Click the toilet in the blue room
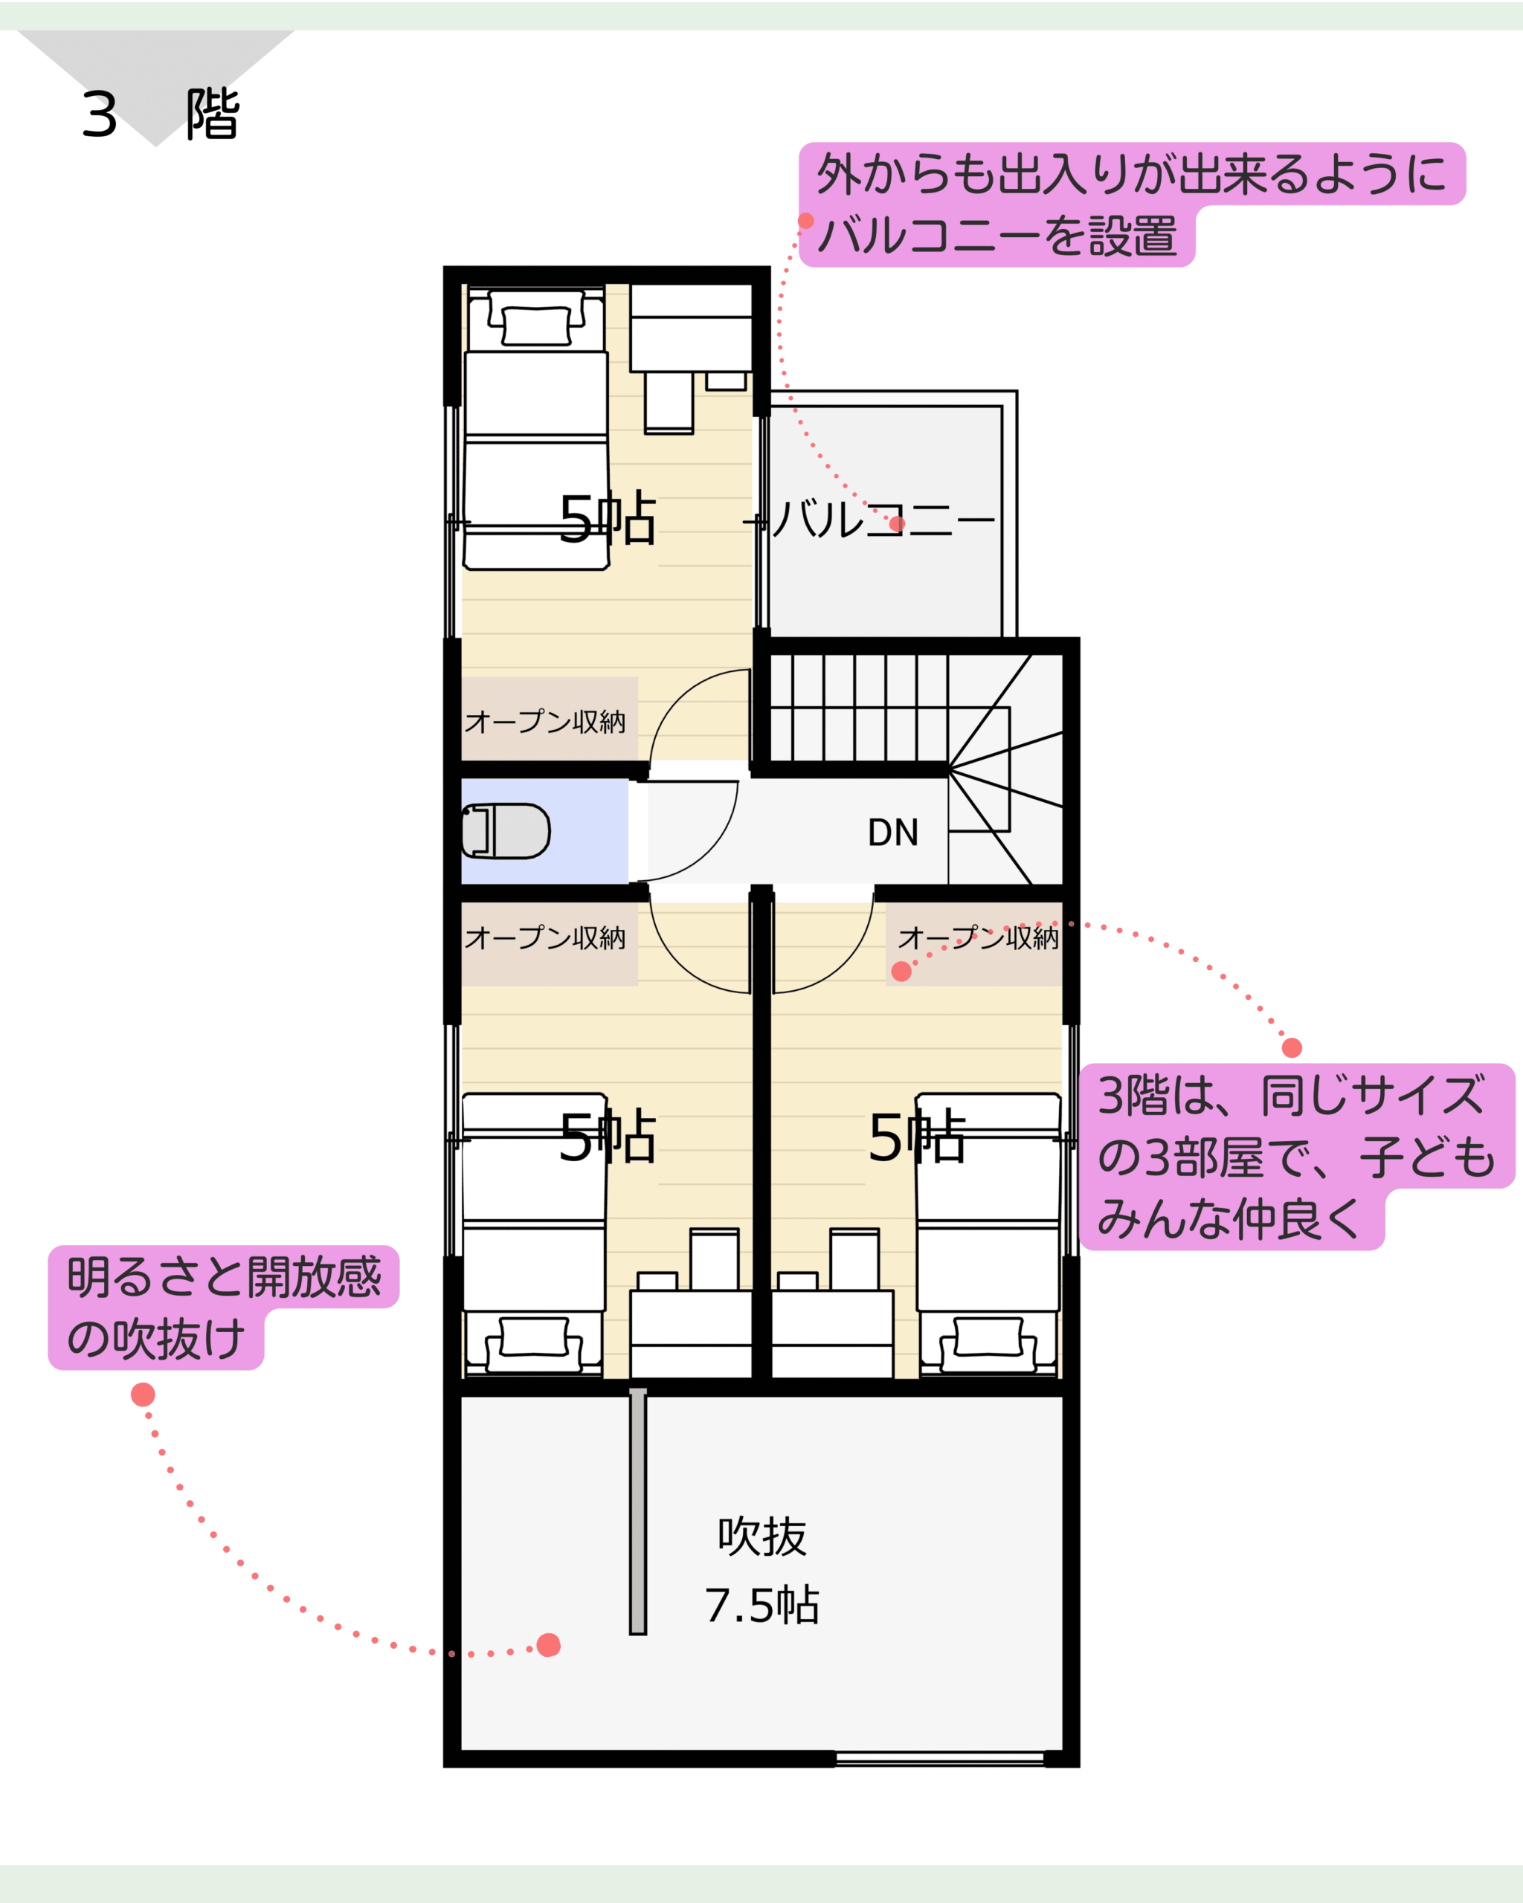coord(506,830)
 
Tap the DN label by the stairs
coord(892,833)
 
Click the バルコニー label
coord(883,519)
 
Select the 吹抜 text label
coord(762,1536)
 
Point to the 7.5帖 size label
coord(762,1606)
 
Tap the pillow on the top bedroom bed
coord(536,326)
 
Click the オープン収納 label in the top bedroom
coord(545,722)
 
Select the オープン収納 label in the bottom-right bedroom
coord(978,937)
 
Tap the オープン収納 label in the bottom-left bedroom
coord(545,937)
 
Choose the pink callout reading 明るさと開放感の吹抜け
coord(223,1308)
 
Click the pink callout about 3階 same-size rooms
coord(1297,1156)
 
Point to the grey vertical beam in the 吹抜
coord(637,1511)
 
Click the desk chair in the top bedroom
coord(669,402)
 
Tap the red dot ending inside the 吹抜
coord(548,1645)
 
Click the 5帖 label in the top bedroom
coord(608,519)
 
